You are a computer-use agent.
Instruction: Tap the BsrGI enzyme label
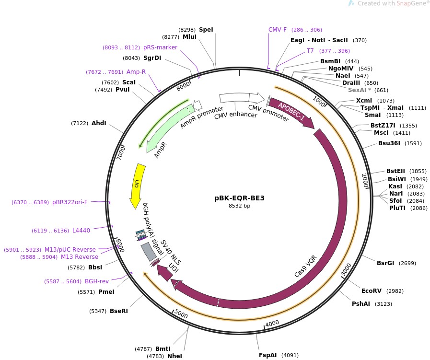(386, 263)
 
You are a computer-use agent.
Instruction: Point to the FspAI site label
(268, 355)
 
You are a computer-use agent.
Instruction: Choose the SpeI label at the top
(206, 29)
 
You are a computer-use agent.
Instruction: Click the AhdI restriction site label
(99, 123)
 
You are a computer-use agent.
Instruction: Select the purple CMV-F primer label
(278, 29)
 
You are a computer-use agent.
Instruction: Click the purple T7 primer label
(310, 50)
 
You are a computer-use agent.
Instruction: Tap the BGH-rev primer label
(97, 281)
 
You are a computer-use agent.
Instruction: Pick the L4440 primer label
(81, 231)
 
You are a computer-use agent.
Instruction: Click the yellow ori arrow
(137, 186)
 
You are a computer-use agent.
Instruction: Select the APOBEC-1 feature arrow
(291, 113)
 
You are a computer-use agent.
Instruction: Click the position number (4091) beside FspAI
(290, 355)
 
